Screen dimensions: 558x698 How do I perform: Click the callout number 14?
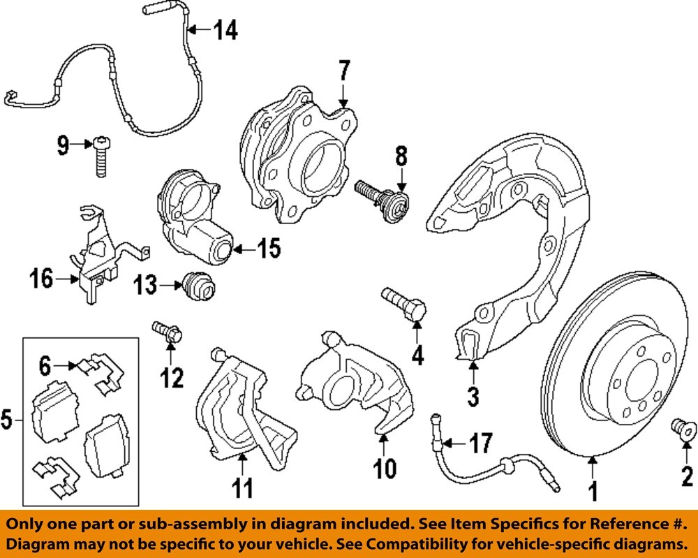pyautogui.click(x=225, y=30)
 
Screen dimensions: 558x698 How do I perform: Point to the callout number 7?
pyautogui.click(x=343, y=72)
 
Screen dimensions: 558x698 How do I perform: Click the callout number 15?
pyautogui.click(x=268, y=248)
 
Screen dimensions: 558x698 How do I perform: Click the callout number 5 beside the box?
pyautogui.click(x=7, y=420)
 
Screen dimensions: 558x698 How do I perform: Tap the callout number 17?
pyautogui.click(x=481, y=443)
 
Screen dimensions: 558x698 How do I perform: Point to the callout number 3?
pyautogui.click(x=473, y=397)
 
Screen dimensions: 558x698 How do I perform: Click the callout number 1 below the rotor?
pyautogui.click(x=593, y=493)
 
